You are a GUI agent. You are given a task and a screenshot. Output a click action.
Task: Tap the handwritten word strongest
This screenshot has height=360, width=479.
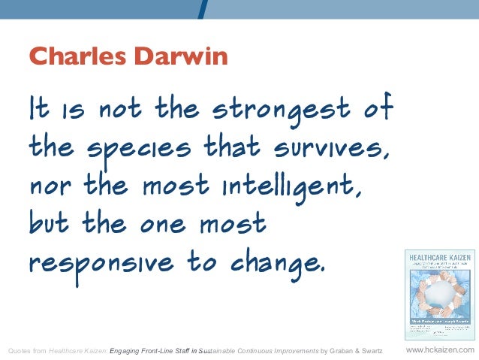tap(281, 110)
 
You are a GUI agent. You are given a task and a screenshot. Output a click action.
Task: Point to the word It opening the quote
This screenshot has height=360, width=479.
tap(39, 110)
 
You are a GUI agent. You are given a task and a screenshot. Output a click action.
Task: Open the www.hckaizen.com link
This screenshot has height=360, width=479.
tap(439, 350)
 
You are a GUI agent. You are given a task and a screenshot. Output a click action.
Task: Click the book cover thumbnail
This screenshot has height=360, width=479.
tap(439, 292)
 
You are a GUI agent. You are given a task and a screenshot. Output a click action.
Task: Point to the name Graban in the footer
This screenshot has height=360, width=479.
tap(338, 350)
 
